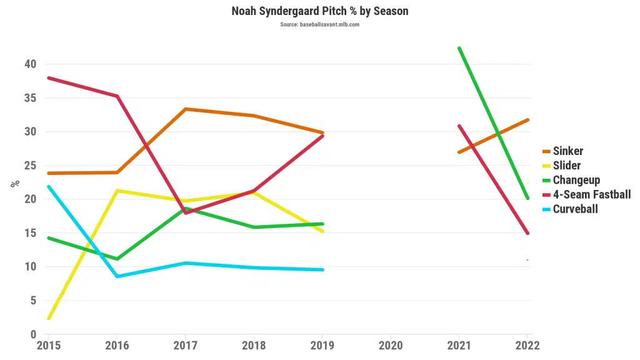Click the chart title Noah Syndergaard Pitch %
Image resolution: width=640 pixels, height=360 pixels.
point(319,11)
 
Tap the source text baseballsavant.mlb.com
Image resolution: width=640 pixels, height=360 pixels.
point(319,24)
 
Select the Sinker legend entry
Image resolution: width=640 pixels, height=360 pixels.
point(567,151)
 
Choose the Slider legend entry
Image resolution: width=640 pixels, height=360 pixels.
point(566,166)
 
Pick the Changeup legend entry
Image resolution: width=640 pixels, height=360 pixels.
point(576,180)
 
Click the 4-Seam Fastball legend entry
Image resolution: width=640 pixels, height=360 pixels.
point(591,194)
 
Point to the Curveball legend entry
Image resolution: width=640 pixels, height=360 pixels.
point(575,209)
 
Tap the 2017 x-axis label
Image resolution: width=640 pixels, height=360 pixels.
point(185,345)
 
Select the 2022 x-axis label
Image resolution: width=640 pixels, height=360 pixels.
point(527,345)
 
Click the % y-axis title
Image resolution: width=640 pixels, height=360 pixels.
point(15,184)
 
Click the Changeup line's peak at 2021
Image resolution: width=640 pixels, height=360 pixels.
point(459,48)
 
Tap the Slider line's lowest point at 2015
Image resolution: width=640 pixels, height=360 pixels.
point(49,318)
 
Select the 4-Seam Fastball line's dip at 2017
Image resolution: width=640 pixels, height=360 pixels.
point(186,213)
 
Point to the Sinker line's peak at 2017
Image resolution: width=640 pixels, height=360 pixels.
point(186,109)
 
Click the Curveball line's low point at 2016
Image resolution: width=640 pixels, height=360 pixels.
point(117,276)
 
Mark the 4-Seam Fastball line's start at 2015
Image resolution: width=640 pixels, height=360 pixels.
point(49,78)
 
